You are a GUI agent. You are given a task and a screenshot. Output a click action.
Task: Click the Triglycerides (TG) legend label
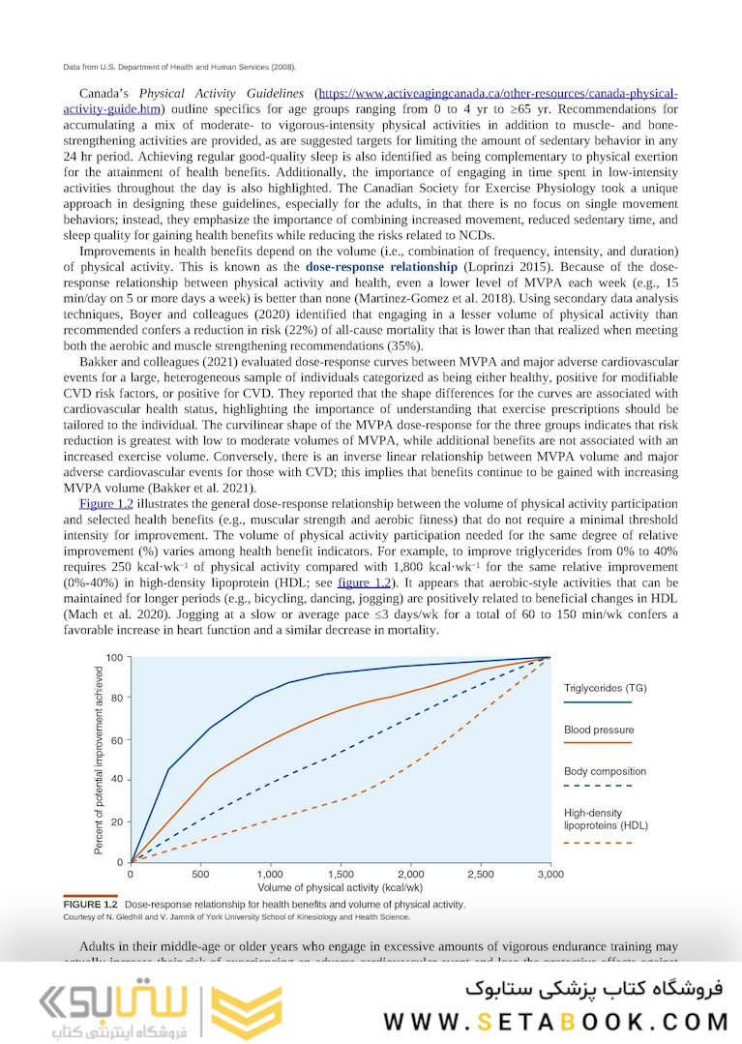[x=605, y=688]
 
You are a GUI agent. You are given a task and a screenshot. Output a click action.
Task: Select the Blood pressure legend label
[x=599, y=730]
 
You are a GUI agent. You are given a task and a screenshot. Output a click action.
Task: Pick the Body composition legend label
[x=605, y=771]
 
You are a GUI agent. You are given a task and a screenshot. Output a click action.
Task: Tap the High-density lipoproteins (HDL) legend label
[x=606, y=820]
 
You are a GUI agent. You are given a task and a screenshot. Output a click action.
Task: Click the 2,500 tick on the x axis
[x=481, y=874]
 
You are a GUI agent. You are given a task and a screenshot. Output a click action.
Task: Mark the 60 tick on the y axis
[x=116, y=740]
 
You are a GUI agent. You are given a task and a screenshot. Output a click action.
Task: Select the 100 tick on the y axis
[x=114, y=658]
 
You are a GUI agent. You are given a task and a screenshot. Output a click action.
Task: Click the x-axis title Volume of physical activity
[x=341, y=886]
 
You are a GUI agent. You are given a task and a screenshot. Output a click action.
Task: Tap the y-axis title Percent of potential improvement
[x=99, y=760]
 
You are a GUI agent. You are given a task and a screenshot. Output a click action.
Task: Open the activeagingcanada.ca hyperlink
[x=498, y=94]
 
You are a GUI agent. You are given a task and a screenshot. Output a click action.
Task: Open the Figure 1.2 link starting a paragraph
[x=104, y=504]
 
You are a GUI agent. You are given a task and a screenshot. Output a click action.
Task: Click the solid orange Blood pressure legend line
[x=597, y=743]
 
